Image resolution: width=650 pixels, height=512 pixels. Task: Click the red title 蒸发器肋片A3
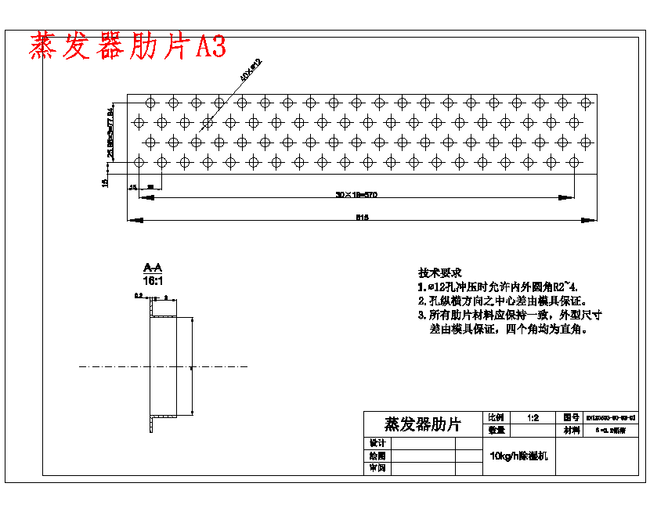128,47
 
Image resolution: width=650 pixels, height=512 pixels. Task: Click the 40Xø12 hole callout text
251,70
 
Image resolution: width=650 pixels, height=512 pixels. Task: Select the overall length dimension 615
363,217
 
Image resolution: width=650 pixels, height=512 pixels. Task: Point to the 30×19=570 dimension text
356,193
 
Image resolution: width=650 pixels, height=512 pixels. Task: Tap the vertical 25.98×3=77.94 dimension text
111,131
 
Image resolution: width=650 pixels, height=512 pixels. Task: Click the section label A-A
153,269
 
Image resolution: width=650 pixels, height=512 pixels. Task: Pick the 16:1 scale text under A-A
153,279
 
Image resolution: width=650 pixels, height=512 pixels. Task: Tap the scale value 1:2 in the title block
533,418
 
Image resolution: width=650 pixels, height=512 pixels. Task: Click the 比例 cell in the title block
497,418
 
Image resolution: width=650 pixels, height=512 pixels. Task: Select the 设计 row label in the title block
377,443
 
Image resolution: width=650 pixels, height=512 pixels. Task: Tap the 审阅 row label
377,468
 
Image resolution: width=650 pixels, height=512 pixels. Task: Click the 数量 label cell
497,430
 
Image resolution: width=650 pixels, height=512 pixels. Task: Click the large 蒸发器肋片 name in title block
423,424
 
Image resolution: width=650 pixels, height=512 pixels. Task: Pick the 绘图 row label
377,456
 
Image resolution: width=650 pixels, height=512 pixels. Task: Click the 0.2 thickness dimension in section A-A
139,297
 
